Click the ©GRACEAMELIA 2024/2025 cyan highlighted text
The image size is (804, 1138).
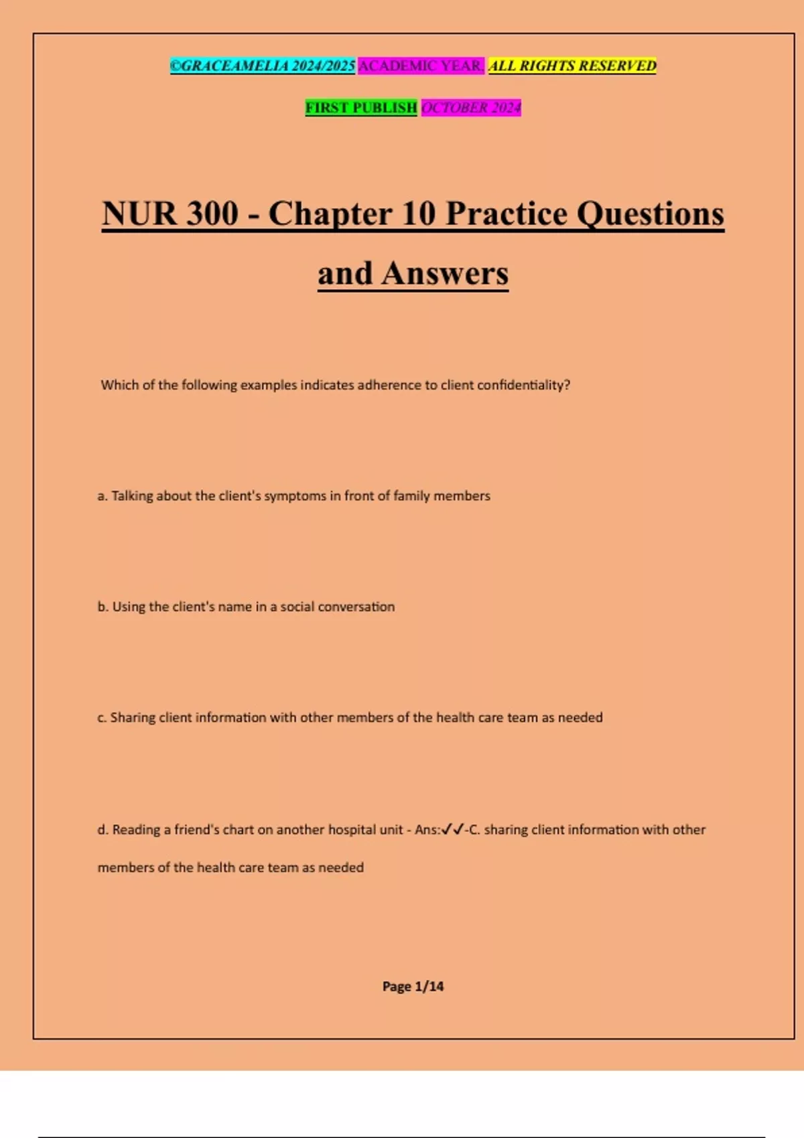(262, 66)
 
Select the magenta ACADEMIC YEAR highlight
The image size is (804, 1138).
(421, 66)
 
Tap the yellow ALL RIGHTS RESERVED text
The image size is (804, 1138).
(572, 66)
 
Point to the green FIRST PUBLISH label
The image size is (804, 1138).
(361, 107)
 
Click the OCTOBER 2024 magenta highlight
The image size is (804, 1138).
(471, 107)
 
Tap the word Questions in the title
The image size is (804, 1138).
(650, 214)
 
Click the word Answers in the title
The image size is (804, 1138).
(445, 273)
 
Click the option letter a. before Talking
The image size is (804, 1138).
(103, 496)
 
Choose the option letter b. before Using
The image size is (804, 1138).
(103, 606)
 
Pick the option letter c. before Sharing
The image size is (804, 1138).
(102, 718)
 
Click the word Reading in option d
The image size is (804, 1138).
(137, 829)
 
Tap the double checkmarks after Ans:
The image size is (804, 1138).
(453, 829)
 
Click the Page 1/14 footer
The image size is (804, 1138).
(413, 986)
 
